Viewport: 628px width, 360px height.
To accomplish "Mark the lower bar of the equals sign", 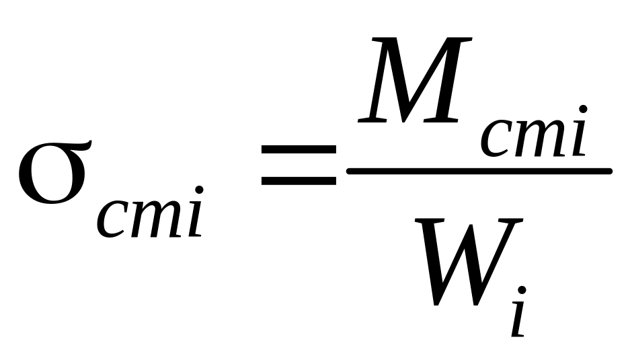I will (x=299, y=181).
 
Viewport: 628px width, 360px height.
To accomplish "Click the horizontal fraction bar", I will (x=479, y=171).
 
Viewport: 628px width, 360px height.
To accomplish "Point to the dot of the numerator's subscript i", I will (x=583, y=109).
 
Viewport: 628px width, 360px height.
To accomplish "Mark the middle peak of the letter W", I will (x=471, y=222).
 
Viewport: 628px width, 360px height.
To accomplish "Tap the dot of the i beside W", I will (x=522, y=291).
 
